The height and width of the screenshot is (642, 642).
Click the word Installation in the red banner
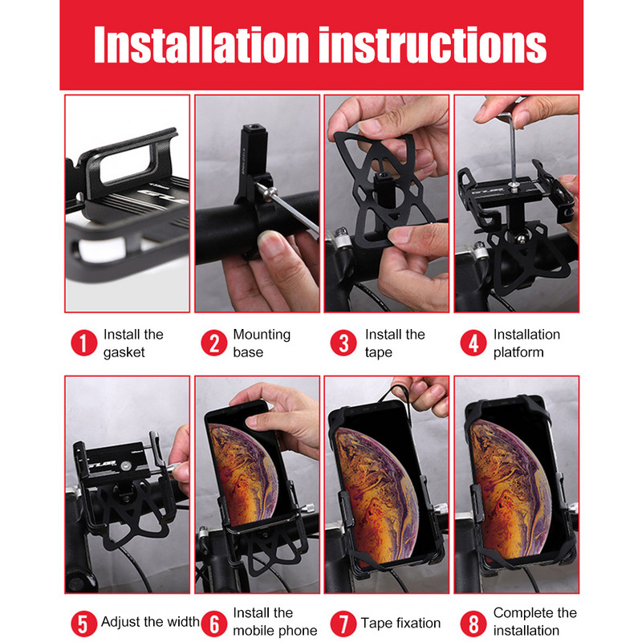201,44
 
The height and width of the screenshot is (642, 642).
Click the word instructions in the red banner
433,45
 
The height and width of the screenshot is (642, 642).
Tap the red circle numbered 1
84,343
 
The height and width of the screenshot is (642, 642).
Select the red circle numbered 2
213,343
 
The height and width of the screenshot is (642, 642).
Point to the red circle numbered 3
343,343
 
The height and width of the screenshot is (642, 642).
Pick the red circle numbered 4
473,343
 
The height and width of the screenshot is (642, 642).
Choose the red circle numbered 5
84,624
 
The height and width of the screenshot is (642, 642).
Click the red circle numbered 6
213,624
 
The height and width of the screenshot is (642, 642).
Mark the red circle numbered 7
343,624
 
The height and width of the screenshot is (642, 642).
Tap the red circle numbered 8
473,624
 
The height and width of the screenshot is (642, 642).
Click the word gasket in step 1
124,353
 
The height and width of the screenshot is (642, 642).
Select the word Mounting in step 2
262,335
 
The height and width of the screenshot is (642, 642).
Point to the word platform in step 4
518,352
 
